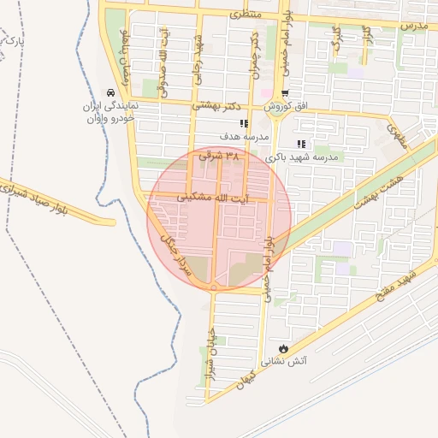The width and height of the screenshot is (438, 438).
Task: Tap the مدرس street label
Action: click(413, 26)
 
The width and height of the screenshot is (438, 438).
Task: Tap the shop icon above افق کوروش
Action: click(285, 93)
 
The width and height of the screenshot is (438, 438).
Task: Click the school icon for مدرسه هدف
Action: click(245, 124)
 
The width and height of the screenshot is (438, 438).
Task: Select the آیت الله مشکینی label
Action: click(218, 198)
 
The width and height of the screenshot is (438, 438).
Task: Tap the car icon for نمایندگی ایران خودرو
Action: click(109, 92)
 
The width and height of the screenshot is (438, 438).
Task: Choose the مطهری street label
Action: click(395, 133)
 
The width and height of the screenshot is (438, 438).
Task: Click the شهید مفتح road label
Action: click(399, 287)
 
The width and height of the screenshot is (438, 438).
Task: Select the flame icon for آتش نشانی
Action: click(284, 348)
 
